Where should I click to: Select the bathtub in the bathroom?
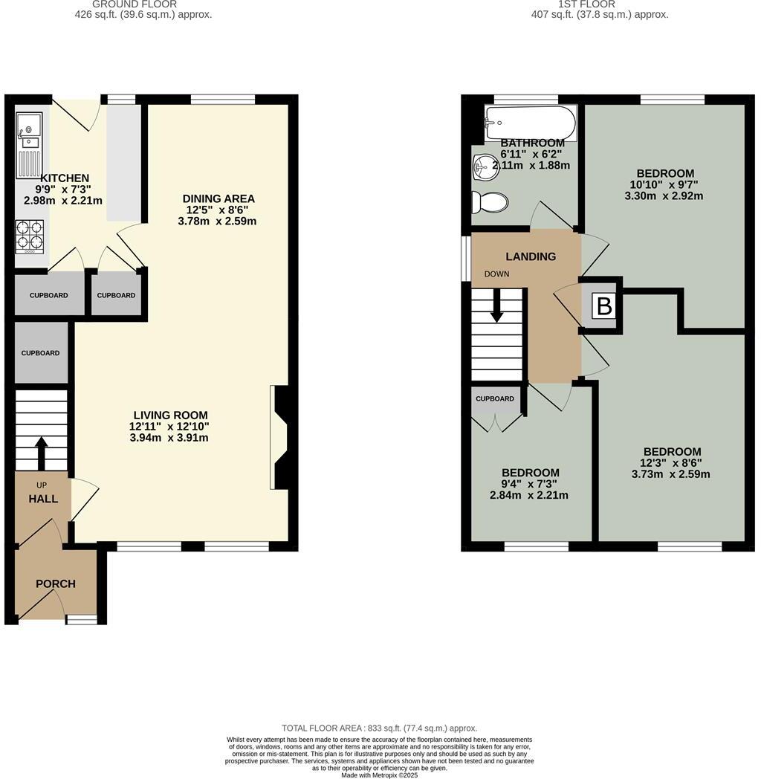click(530, 120)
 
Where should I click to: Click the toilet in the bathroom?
click(490, 201)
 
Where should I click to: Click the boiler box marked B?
click(604, 306)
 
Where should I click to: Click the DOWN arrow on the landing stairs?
click(497, 305)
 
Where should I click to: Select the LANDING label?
click(531, 256)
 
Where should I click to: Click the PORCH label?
click(56, 584)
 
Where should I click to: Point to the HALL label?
click(43, 499)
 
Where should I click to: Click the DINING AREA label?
click(218, 198)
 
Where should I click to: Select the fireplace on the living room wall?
click(281, 438)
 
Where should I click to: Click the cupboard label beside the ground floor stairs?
click(40, 353)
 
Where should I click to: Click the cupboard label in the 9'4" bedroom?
click(495, 398)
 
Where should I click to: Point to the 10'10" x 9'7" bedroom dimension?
click(664, 184)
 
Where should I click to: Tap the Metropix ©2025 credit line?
click(379, 775)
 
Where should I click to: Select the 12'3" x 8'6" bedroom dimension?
click(672, 463)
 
